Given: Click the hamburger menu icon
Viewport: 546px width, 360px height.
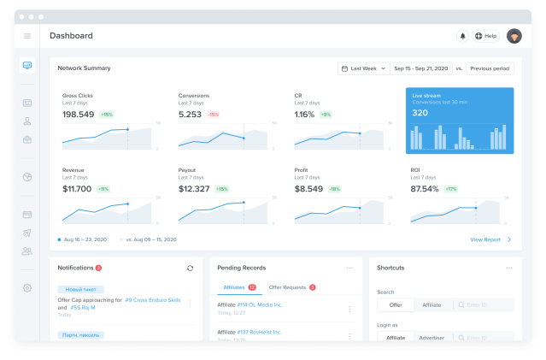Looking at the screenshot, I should coord(27,36).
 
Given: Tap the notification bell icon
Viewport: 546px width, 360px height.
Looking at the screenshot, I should coord(463,36).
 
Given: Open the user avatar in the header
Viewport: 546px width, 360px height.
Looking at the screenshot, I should coord(514,36).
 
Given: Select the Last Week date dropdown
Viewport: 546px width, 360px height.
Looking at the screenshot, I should coord(362,68).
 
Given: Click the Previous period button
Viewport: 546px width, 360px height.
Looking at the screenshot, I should coord(490,68).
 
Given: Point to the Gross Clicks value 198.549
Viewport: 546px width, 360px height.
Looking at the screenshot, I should coord(79,114).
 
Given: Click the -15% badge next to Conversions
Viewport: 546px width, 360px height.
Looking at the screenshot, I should coord(213,114).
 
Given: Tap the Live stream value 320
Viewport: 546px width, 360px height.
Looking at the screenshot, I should coord(420,113).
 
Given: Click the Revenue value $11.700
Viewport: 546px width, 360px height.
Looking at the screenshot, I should coord(77,188).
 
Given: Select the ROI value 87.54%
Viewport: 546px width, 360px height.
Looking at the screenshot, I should coord(425,188).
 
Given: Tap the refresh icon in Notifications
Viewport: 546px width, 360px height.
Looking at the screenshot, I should coord(190,268).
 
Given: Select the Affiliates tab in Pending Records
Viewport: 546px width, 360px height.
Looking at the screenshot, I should coord(233,287).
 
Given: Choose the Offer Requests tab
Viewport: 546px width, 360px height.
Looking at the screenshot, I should coord(287,287).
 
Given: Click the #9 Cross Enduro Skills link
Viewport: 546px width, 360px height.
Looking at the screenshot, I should coord(155,300).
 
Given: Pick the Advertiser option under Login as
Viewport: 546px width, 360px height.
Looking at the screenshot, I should coord(431,338).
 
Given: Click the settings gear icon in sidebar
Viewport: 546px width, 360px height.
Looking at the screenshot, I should coord(27,288).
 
